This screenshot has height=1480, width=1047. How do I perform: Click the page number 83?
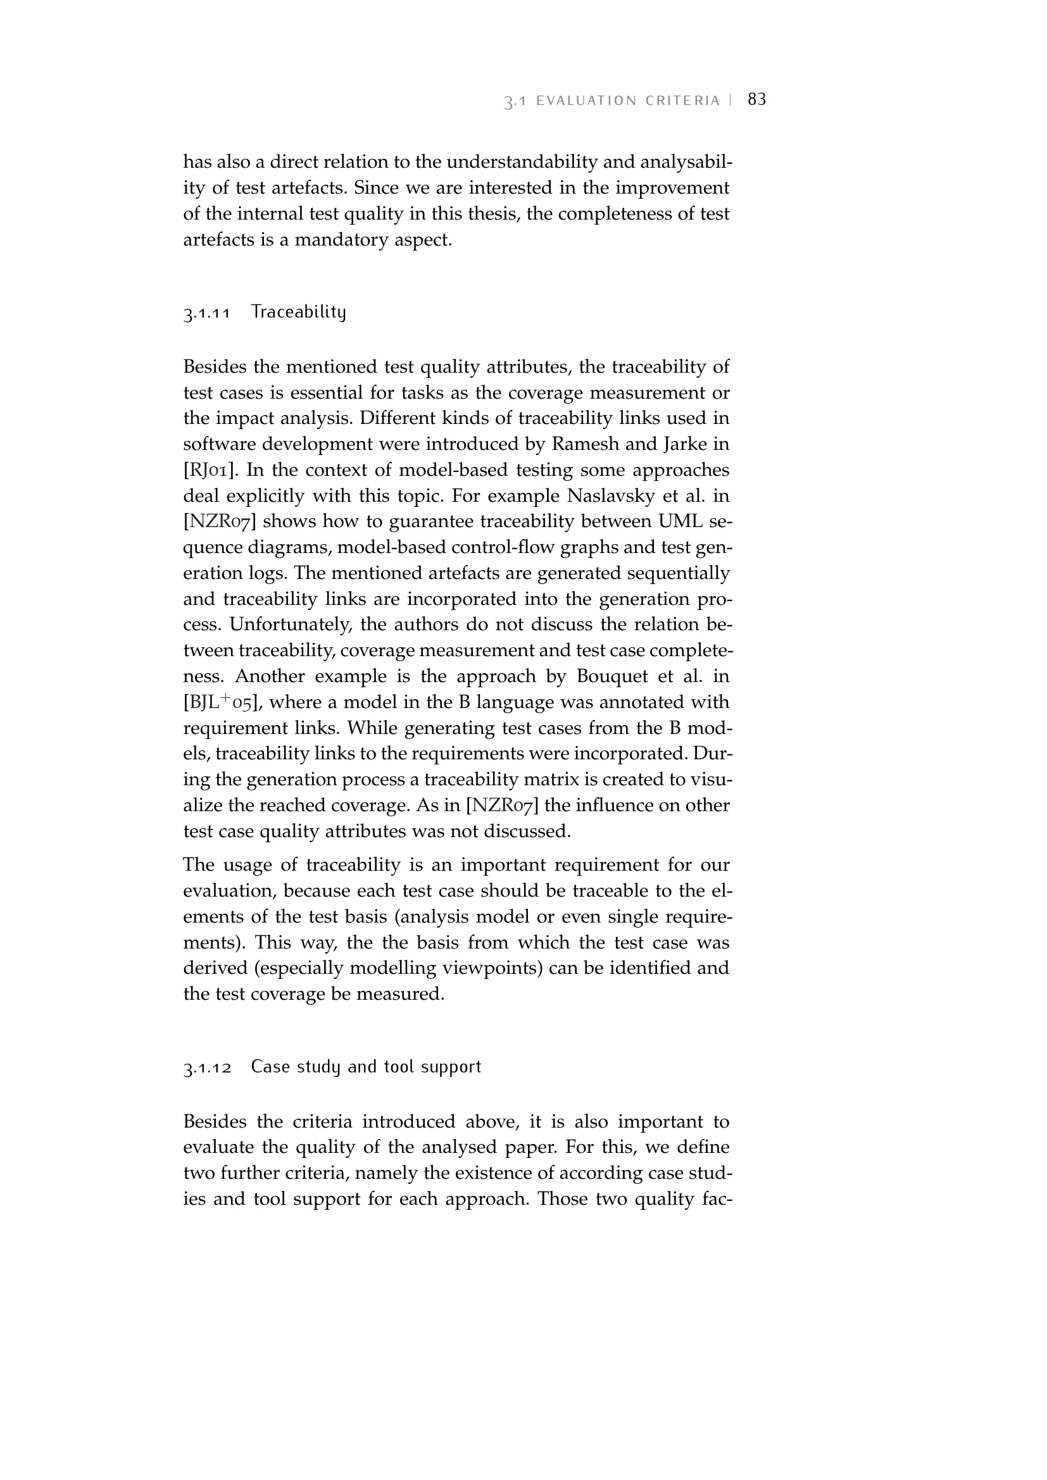[x=757, y=99]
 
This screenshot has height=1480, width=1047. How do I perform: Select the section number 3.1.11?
[x=207, y=314]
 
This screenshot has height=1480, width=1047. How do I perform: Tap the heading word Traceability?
[x=299, y=313]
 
